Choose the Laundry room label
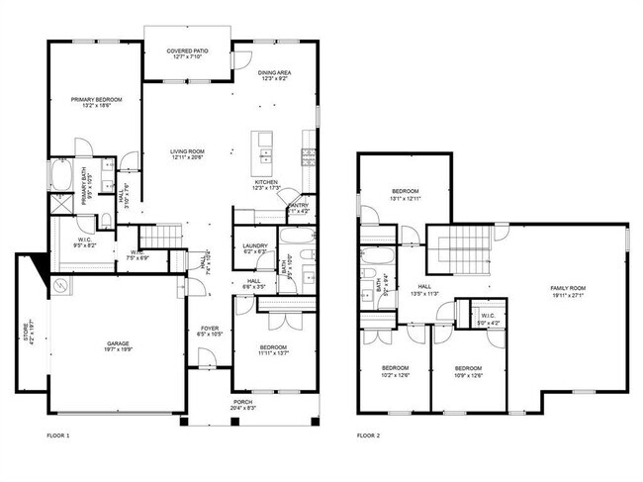tap(254, 246)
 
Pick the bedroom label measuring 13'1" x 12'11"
tap(406, 194)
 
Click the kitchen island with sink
tap(263, 147)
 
